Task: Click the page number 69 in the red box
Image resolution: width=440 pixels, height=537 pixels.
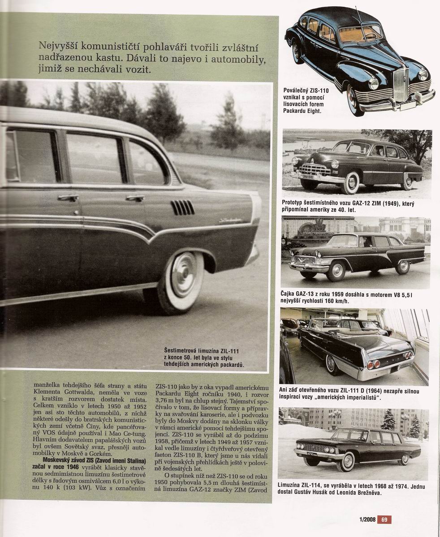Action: pyautogui.click(x=384, y=520)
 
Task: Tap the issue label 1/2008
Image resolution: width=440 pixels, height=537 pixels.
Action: pyautogui.click(x=367, y=520)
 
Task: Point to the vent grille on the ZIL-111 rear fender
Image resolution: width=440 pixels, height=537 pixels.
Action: pyautogui.click(x=183, y=207)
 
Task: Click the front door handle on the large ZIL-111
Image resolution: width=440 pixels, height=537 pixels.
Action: pyautogui.click(x=68, y=197)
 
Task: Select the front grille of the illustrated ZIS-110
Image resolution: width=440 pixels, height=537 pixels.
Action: pyautogui.click(x=400, y=85)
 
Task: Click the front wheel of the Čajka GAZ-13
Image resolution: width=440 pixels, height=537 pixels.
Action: pyautogui.click(x=336, y=271)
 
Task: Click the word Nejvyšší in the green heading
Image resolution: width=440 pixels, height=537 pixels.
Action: pyautogui.click(x=57, y=46)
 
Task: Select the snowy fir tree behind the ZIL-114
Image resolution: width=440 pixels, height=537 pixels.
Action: pyautogui.click(x=388, y=421)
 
